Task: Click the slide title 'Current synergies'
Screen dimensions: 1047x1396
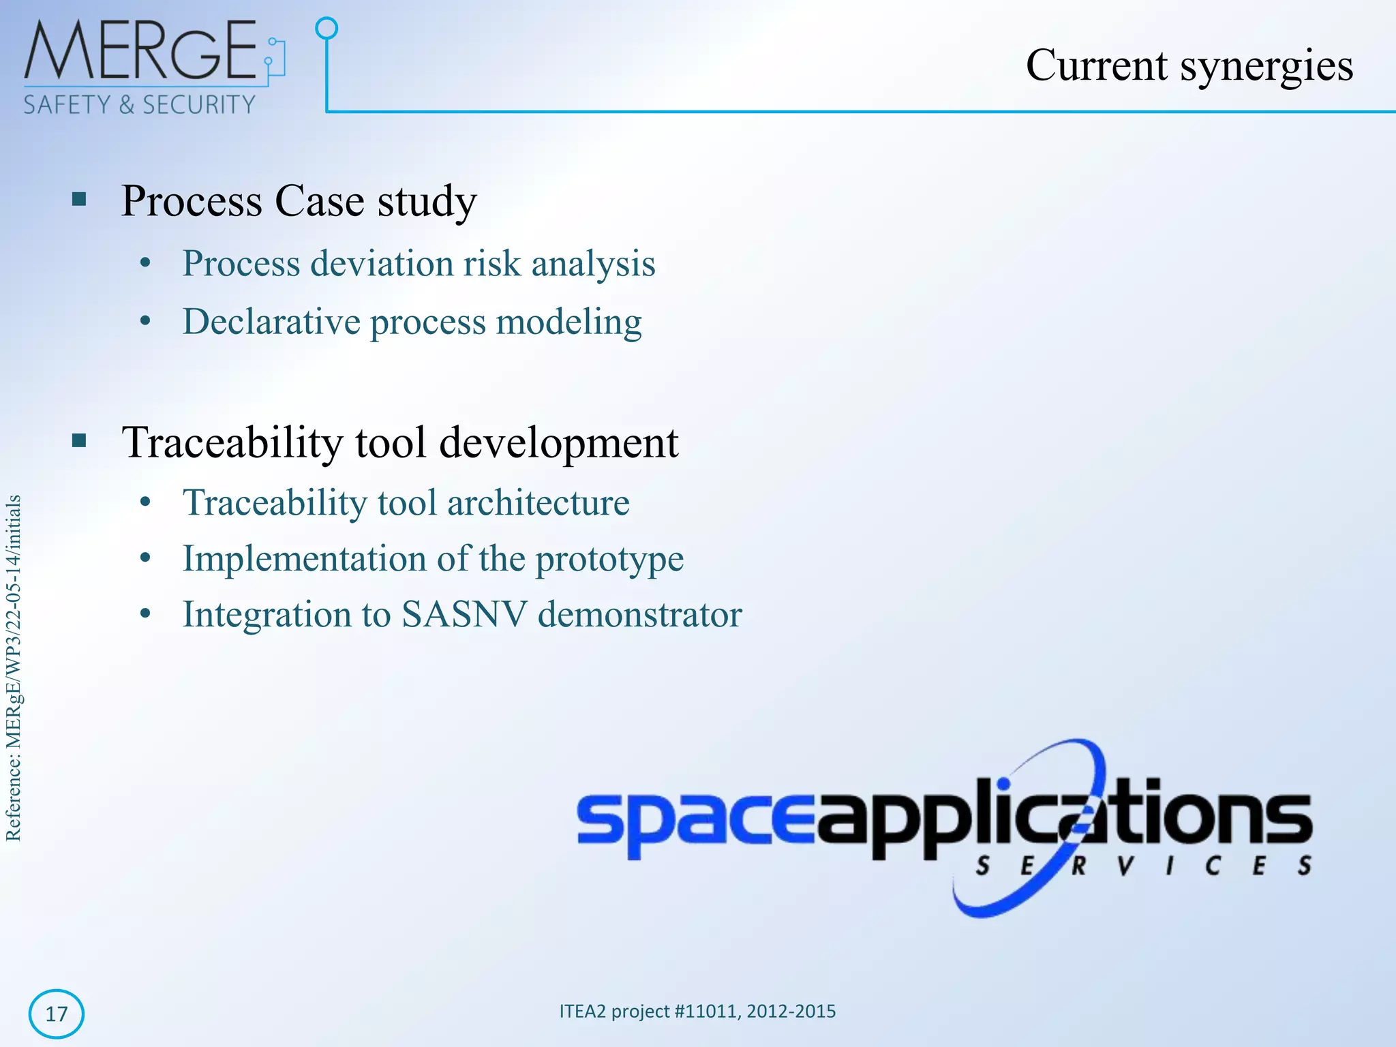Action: [x=1189, y=66]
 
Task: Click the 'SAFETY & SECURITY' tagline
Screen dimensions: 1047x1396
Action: [x=139, y=105]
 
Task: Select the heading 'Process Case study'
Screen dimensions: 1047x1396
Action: [x=299, y=202]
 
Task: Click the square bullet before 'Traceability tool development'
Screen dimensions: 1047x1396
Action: [x=79, y=441]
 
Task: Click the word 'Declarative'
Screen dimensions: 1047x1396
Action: [x=271, y=322]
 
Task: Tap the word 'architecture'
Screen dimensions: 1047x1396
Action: [x=538, y=503]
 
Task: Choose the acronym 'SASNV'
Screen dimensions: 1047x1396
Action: [x=464, y=614]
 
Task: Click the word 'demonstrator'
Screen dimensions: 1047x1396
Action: [x=639, y=614]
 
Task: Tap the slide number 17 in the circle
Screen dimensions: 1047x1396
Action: [x=57, y=1014]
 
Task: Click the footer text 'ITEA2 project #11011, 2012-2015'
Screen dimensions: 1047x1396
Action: [x=697, y=1011]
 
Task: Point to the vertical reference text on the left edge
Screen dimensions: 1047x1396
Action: [x=14, y=668]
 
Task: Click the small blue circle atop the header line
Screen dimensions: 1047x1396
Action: [x=327, y=28]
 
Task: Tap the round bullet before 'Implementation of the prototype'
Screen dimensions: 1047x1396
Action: [x=145, y=559]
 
